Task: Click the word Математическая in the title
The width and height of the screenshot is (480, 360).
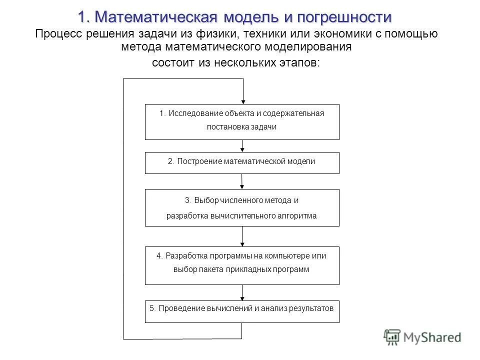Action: [155, 17]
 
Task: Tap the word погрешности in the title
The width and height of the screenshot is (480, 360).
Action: [344, 17]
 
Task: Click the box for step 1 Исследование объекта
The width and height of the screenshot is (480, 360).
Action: [242, 121]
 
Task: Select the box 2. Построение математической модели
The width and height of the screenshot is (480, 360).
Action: [242, 162]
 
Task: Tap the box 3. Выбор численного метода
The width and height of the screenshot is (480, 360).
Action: [242, 207]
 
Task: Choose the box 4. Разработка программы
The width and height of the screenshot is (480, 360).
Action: [242, 265]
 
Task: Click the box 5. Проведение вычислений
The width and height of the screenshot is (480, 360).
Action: [242, 311]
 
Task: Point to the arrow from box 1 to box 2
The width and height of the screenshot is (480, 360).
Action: [242, 145]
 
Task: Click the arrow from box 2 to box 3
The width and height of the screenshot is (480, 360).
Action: [242, 181]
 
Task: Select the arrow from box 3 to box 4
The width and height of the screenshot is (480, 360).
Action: [242, 236]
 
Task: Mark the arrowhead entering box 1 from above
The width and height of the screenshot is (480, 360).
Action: [242, 100]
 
